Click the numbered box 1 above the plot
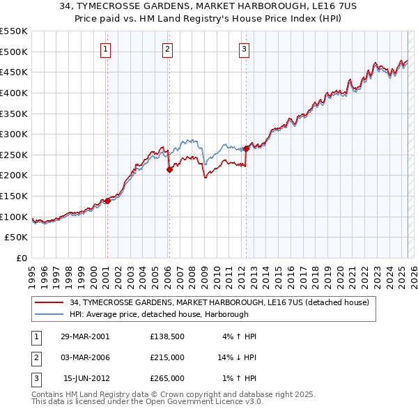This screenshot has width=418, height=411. pos(105,49)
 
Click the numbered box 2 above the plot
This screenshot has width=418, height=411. pos(168,49)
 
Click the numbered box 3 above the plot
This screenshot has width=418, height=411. pos(245,49)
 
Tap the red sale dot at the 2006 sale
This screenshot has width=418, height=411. pos(169,169)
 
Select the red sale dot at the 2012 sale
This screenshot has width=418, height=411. pos(247,148)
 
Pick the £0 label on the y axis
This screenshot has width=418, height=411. pos(21,258)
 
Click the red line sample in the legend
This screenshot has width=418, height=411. pos(49,303)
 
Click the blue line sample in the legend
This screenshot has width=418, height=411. pos(49,315)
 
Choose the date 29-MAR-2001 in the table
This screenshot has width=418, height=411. pos(84,336)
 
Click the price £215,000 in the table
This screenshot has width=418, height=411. pos(167,357)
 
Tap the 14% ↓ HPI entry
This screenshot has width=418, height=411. pos(237,357)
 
